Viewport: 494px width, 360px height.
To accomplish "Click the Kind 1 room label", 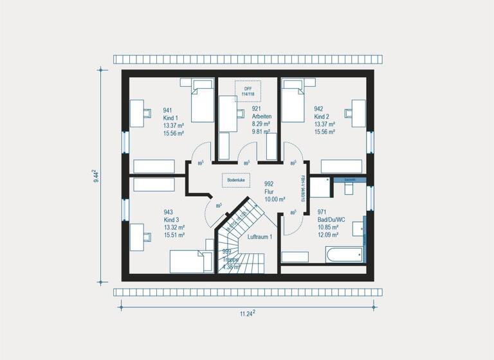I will click(x=170, y=118).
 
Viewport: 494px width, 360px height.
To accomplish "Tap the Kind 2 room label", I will click(x=322, y=117).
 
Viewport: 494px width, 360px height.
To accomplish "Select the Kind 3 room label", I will click(x=171, y=220).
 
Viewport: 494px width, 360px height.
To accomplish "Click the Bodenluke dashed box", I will click(x=236, y=181).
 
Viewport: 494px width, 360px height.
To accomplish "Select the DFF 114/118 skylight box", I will click(x=248, y=91).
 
